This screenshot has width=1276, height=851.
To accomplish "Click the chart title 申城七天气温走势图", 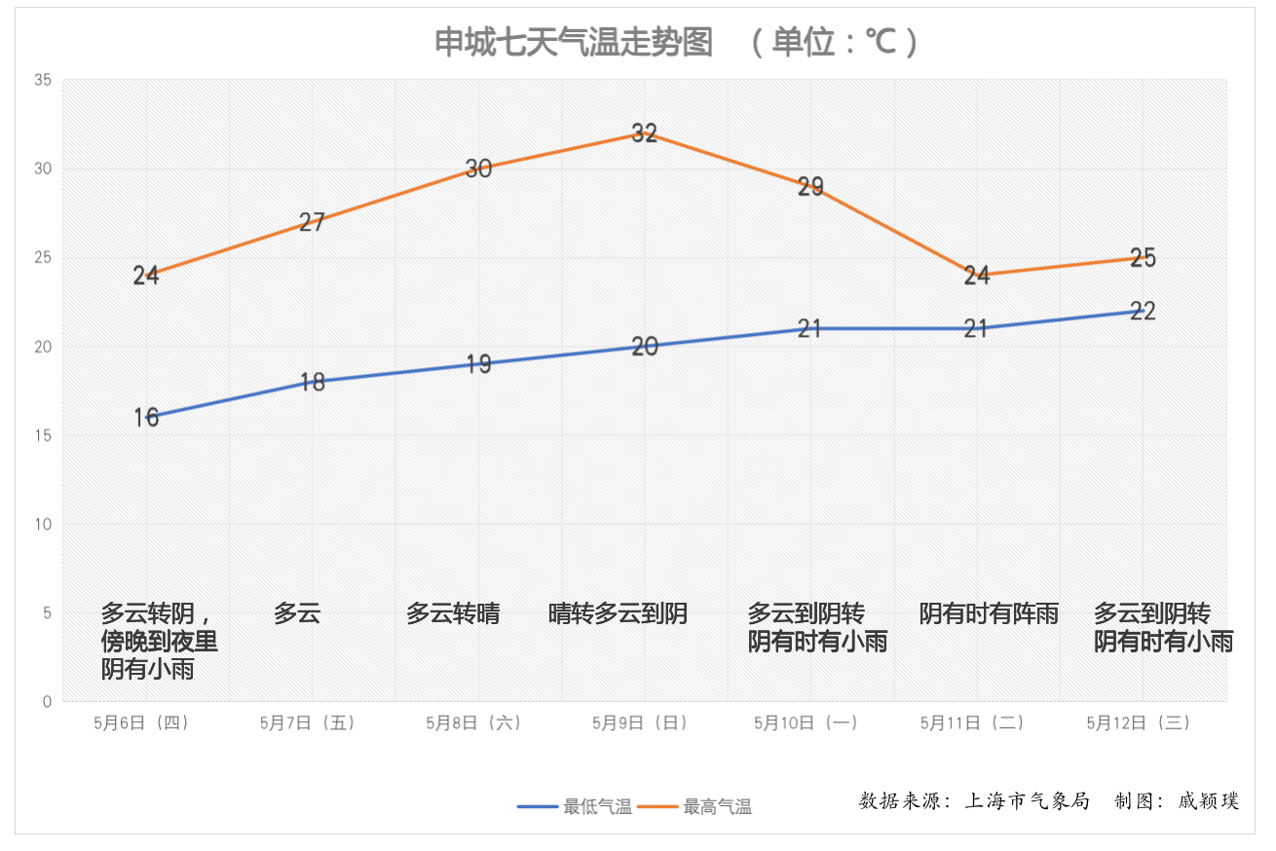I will click(574, 43).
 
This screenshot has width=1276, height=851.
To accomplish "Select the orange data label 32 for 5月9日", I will click(645, 133).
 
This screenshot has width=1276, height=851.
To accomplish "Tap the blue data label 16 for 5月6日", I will click(146, 418).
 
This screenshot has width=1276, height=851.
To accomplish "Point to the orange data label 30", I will click(478, 168).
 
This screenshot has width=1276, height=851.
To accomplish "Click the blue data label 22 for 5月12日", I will click(1143, 312).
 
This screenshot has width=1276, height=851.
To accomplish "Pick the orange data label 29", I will click(810, 187).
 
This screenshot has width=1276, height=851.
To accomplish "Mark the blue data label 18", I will click(312, 382).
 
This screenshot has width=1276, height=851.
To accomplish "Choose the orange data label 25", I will click(1143, 258).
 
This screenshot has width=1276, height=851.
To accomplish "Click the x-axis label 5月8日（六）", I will click(474, 722).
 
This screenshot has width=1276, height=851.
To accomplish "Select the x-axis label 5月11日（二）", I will click(972, 722).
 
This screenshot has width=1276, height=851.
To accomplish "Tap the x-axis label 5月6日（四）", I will click(141, 722).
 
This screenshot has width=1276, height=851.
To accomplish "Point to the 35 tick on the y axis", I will click(43, 80).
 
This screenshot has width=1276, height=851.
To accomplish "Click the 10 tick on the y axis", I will click(43, 525).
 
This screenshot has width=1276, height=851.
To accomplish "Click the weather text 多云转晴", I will click(453, 613).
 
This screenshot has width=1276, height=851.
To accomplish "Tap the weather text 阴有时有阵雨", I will click(989, 613).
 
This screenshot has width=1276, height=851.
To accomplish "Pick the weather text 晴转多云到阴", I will click(619, 613).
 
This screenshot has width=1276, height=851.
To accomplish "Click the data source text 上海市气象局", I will click(1027, 801).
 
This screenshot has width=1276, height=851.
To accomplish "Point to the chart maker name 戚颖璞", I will click(1209, 801).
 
